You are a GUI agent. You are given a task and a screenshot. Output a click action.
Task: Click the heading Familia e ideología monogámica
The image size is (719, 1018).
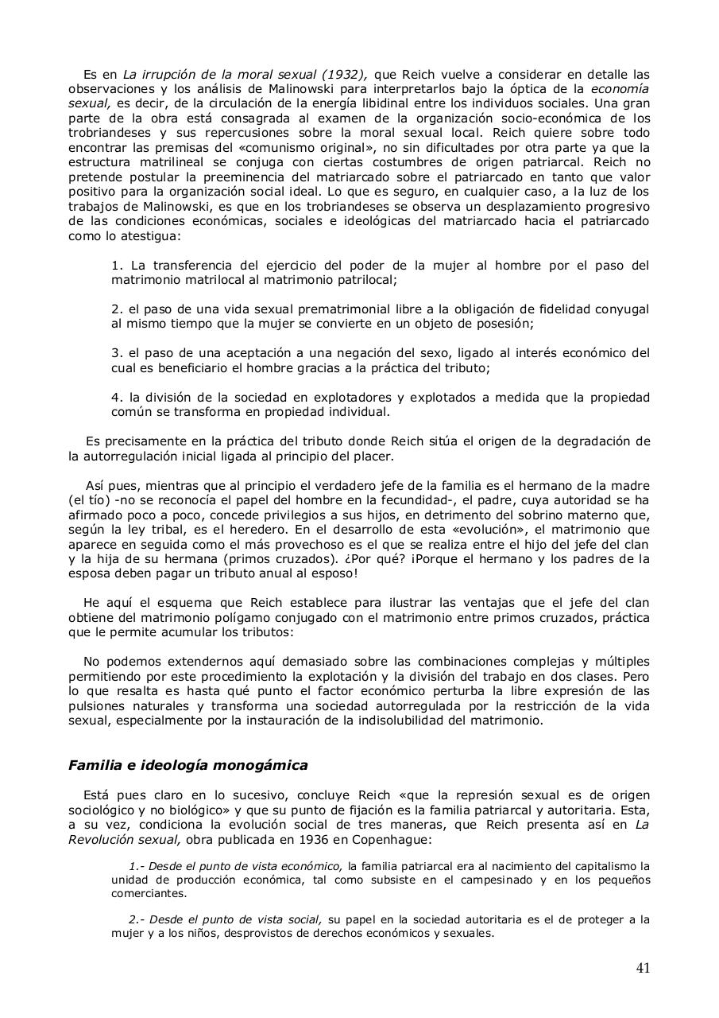pyautogui.click(x=187, y=766)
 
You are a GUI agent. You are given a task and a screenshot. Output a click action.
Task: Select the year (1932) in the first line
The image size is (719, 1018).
pyautogui.click(x=344, y=75)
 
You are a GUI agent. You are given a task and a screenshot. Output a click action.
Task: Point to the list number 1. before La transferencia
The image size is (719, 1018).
pyautogui.click(x=117, y=266)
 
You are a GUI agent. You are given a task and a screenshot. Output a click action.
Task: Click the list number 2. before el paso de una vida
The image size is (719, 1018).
pyautogui.click(x=117, y=309)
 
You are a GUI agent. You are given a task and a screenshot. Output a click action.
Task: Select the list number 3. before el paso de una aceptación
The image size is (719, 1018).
pyautogui.click(x=117, y=353)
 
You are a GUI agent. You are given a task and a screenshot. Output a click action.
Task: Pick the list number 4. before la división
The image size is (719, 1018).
pyautogui.click(x=117, y=397)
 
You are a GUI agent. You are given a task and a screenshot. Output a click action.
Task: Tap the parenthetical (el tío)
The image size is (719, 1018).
pyautogui.click(x=90, y=499)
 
